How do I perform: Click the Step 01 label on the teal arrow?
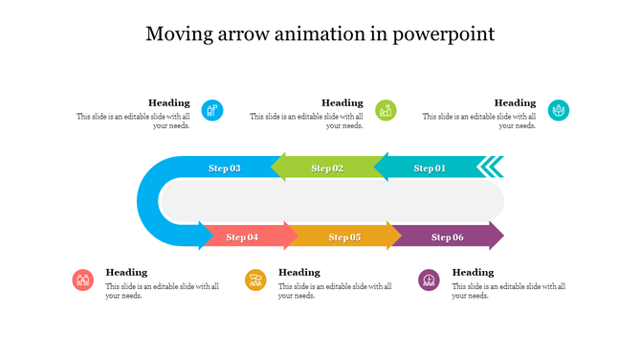click(x=430, y=169)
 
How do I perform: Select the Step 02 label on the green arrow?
click(x=327, y=169)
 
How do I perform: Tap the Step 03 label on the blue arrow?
click(x=224, y=169)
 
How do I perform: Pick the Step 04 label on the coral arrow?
click(x=242, y=236)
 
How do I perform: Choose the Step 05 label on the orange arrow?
click(x=344, y=236)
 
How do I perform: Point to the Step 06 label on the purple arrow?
click(x=447, y=236)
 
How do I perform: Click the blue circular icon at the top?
click(x=212, y=110)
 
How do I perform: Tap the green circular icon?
click(x=386, y=110)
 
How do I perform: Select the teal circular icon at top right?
click(x=559, y=110)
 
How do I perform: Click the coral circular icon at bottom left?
click(x=83, y=280)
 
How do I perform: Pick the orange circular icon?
click(x=255, y=280)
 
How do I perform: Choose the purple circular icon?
click(x=429, y=280)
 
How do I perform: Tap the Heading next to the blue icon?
click(x=168, y=102)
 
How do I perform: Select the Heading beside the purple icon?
click(x=473, y=272)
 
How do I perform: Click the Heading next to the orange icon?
click(x=299, y=272)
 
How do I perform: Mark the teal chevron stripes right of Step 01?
click(x=491, y=168)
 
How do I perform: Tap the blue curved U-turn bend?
click(x=148, y=202)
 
